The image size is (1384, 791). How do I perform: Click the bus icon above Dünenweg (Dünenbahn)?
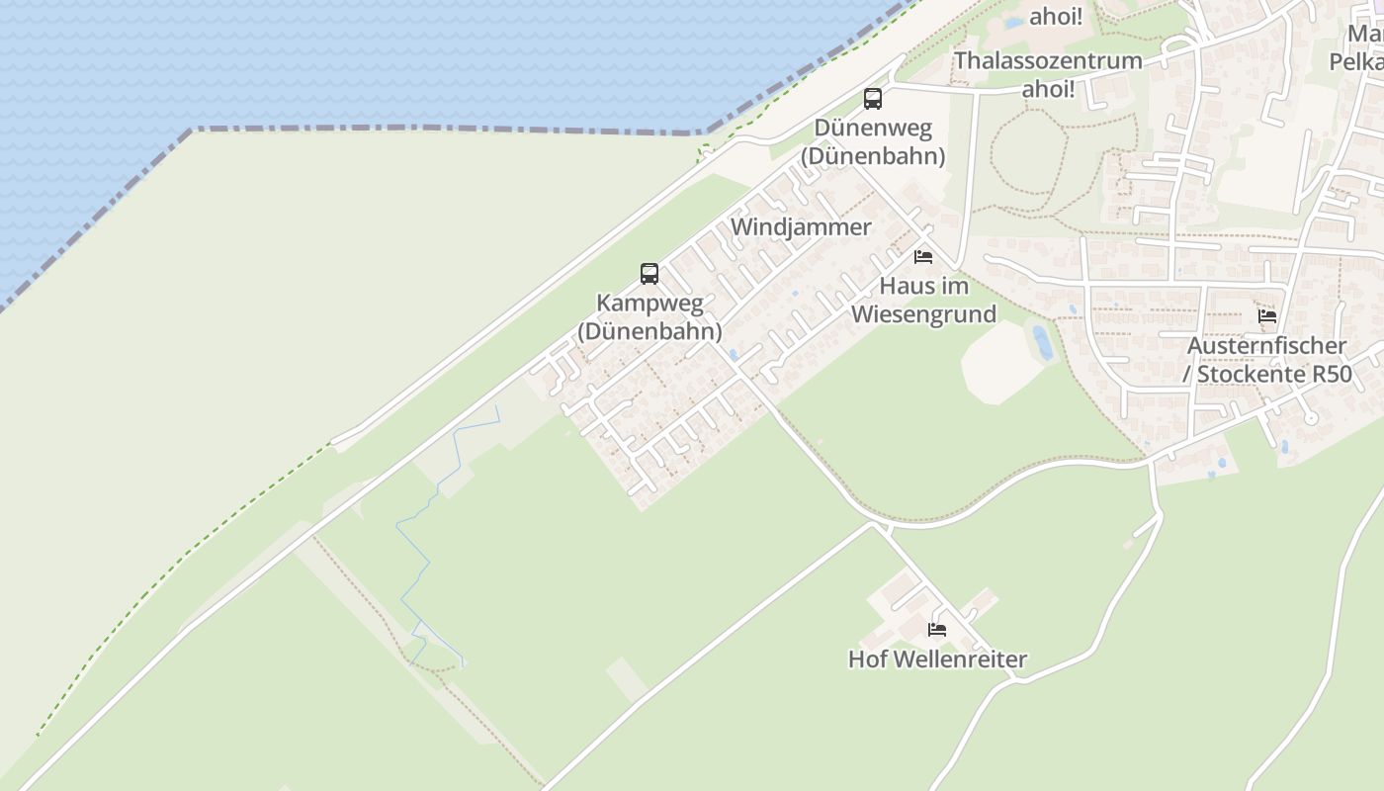pyautogui.click(x=872, y=98)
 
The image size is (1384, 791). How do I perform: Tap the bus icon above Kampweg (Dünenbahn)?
pyautogui.click(x=649, y=273)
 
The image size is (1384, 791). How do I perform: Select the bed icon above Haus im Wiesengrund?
pyautogui.click(x=923, y=257)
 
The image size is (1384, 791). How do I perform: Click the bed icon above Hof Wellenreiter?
pyautogui.click(x=937, y=629)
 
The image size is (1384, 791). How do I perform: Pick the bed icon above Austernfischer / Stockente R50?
pyautogui.click(x=1267, y=316)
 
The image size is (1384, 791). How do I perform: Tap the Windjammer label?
pyautogui.click(x=801, y=226)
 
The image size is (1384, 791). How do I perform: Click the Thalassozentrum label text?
pyautogui.click(x=1048, y=61)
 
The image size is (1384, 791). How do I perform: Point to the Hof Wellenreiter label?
pyautogui.click(x=937, y=659)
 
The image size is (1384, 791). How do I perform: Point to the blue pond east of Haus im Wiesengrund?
pyautogui.click(x=1042, y=342)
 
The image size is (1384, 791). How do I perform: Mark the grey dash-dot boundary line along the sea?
pyautogui.click(x=445, y=129)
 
